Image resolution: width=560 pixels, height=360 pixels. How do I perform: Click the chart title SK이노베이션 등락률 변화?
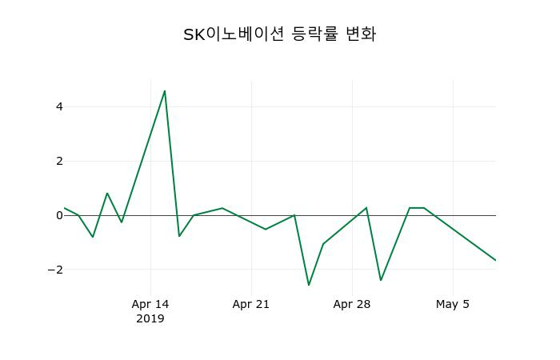(279, 34)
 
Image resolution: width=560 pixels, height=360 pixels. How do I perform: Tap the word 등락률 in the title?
(313, 34)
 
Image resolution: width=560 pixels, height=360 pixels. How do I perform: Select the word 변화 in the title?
(360, 34)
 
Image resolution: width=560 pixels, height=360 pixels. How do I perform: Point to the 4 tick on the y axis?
(59, 106)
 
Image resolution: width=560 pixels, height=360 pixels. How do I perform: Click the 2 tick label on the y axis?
(59, 161)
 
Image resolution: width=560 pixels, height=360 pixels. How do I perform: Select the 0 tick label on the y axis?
(59, 215)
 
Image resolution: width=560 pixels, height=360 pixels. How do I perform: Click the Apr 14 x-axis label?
(150, 304)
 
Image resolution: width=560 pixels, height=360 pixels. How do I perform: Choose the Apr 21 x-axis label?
(251, 304)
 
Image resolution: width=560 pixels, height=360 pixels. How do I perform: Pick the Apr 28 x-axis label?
(352, 304)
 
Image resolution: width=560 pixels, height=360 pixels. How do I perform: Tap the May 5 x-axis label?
(453, 304)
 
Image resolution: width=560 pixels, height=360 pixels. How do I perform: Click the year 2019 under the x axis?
(150, 318)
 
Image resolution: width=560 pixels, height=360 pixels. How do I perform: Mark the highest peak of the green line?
(165, 91)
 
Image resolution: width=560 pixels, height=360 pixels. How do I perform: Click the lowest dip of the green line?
(309, 285)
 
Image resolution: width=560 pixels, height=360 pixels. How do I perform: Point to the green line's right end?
(495, 260)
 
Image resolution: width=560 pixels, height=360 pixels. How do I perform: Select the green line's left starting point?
(65, 208)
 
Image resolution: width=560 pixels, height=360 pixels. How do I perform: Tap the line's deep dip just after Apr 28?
(381, 280)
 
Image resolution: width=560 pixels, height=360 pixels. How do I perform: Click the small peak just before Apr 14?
(107, 193)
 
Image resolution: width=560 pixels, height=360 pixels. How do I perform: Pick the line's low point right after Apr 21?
(266, 229)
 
